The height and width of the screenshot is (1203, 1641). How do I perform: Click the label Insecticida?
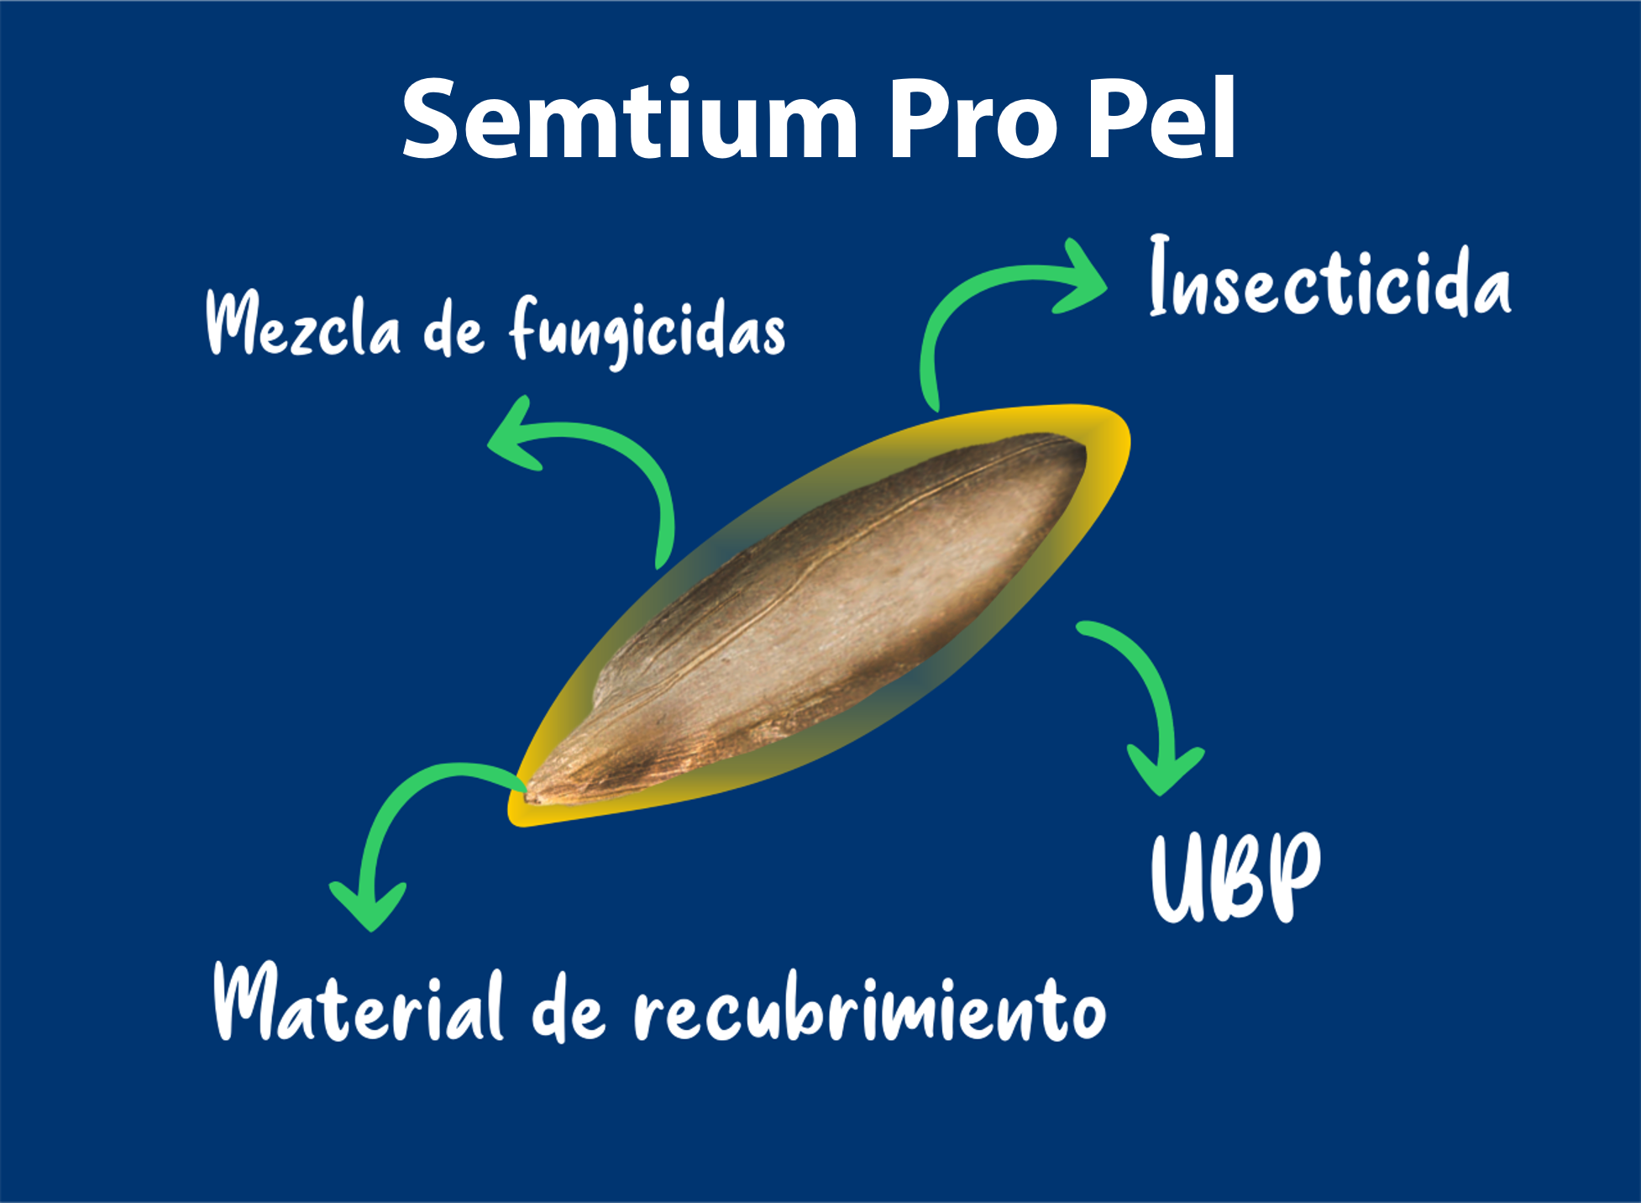pos(1330,276)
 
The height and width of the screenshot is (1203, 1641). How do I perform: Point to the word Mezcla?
pos(303,323)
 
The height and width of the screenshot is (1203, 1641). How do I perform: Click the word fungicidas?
pos(647,331)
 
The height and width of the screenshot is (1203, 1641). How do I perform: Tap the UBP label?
pos(1235,878)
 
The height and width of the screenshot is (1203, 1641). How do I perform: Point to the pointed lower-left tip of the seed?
pos(526,797)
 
